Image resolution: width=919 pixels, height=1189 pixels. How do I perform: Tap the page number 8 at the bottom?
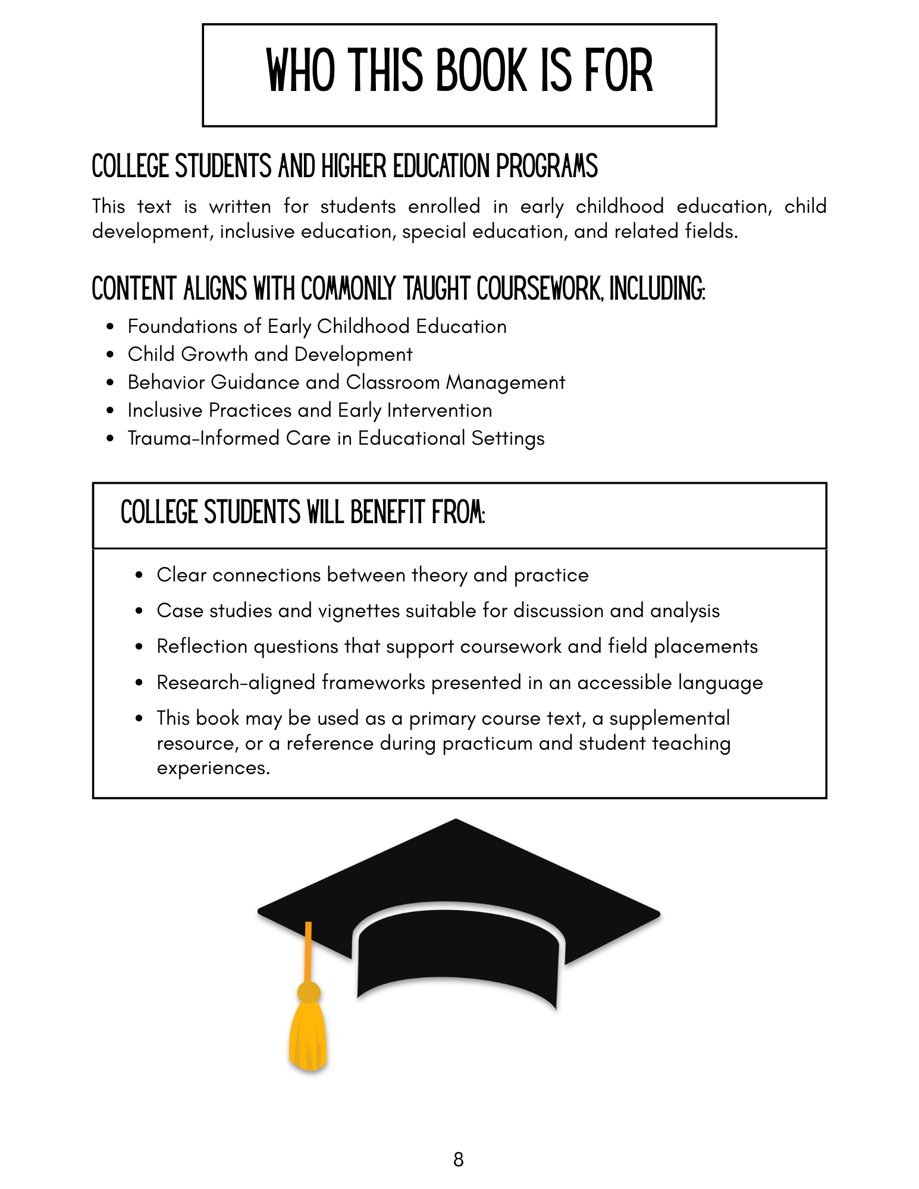(x=458, y=1159)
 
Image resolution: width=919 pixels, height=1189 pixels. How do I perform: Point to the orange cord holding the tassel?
(x=308, y=951)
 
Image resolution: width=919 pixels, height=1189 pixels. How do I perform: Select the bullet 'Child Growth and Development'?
(x=269, y=354)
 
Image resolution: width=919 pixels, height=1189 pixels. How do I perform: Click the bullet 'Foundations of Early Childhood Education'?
(x=316, y=326)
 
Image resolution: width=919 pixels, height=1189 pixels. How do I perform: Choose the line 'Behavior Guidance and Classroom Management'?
(x=346, y=382)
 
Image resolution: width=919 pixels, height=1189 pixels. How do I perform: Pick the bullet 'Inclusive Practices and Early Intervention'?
(x=309, y=410)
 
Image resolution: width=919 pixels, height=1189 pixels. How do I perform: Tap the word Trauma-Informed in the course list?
(x=203, y=438)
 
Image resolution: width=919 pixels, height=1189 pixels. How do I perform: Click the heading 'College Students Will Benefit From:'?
(x=303, y=512)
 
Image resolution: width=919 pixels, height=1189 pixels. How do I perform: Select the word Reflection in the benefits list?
(x=202, y=646)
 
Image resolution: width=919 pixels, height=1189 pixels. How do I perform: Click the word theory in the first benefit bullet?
(x=439, y=575)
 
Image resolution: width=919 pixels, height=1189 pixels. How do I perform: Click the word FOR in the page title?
(x=619, y=71)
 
